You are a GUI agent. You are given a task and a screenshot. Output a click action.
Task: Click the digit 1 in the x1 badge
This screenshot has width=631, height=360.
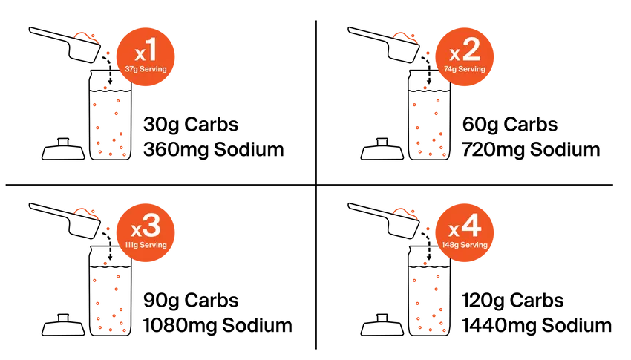(x=150, y=52)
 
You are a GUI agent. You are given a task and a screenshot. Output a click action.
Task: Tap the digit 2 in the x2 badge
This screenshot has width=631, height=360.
(x=471, y=51)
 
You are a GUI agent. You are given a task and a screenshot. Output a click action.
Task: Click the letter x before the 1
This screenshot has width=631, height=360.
(x=138, y=55)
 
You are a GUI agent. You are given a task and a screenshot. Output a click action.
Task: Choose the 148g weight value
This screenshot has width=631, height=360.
(x=451, y=245)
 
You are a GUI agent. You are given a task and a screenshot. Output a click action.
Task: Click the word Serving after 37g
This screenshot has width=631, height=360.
(x=153, y=70)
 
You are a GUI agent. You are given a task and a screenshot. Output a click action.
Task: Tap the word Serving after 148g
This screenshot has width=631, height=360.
(x=474, y=245)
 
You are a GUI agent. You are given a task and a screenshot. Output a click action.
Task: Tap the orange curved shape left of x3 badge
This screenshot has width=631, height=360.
(x=85, y=212)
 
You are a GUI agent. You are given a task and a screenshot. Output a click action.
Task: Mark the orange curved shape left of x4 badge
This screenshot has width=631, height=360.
(x=405, y=212)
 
